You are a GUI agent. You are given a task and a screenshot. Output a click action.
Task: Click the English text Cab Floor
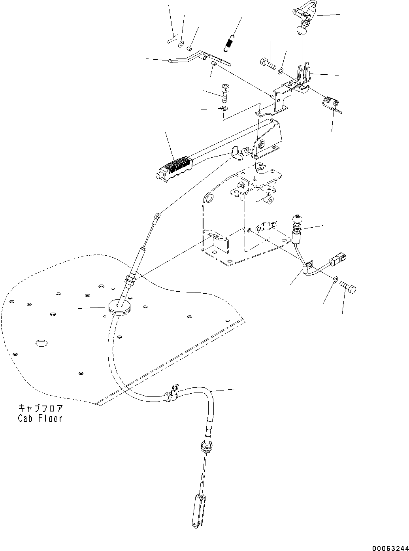click(40, 418)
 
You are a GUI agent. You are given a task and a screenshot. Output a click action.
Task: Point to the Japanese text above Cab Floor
click(40, 408)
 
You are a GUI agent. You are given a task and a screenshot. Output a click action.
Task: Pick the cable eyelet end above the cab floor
click(157, 216)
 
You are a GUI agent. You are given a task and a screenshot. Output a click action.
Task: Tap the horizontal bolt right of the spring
click(268, 63)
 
